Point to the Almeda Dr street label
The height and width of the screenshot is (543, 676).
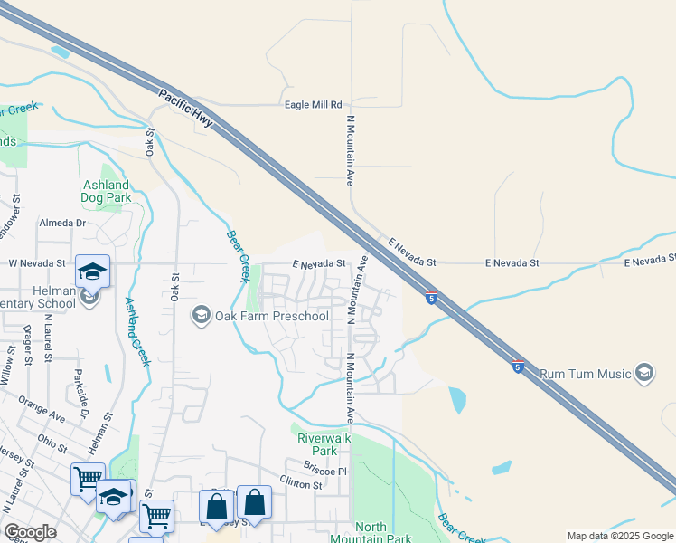[62, 223]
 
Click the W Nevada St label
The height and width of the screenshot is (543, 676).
[37, 263]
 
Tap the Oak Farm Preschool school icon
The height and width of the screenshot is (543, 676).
[201, 316]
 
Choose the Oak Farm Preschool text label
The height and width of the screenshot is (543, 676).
[272, 316]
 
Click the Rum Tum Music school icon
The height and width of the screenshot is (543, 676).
[643, 373]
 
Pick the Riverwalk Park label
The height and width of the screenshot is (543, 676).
[317, 443]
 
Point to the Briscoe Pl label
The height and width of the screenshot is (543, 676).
[325, 472]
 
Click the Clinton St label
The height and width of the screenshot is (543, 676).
[301, 485]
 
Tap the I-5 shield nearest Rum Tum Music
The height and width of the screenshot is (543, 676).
[517, 367]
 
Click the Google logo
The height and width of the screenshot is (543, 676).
[31, 533]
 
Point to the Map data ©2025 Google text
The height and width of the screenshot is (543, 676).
[619, 536]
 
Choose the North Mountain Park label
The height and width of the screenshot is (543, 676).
[383, 533]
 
